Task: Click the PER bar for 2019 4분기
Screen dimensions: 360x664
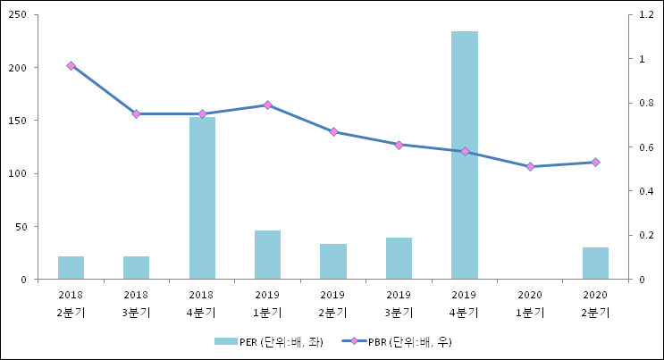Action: (x=464, y=155)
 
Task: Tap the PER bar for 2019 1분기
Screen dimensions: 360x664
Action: (x=267, y=255)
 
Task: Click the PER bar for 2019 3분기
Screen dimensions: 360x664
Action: (x=399, y=258)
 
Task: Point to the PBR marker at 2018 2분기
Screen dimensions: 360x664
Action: (x=71, y=65)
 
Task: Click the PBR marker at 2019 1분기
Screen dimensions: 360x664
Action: (x=267, y=105)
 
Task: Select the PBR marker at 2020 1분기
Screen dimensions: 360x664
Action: (x=530, y=166)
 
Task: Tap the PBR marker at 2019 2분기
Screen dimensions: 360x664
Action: (x=333, y=131)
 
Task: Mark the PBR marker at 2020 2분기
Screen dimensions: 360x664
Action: (x=595, y=162)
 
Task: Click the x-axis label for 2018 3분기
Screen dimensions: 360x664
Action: (x=136, y=303)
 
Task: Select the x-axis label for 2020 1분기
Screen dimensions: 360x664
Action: (x=530, y=303)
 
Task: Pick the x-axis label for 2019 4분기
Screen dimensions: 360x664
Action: (x=464, y=303)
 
